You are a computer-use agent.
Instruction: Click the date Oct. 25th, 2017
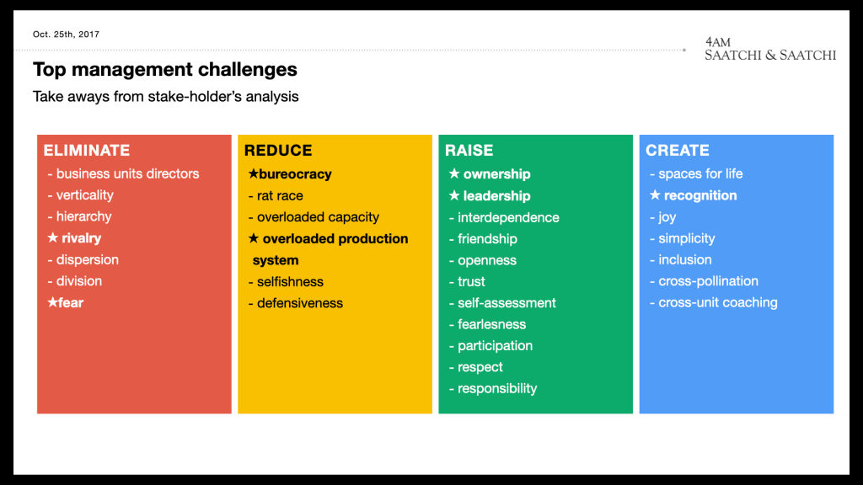[66, 34]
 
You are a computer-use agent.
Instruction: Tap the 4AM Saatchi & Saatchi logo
[770, 49]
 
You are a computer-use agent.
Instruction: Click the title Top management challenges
[165, 70]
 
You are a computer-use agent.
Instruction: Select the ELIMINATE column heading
[87, 150]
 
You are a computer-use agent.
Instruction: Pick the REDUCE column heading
[278, 150]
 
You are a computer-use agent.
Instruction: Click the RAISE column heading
[469, 150]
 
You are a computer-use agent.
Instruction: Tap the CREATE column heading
[678, 150]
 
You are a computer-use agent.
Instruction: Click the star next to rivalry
[53, 237]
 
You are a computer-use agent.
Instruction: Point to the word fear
[71, 302]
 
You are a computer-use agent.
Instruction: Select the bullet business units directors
[123, 173]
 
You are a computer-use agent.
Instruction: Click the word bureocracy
[296, 174]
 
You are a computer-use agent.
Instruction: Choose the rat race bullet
[276, 195]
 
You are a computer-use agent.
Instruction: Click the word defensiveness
[300, 303]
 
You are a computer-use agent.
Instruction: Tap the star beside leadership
[454, 195]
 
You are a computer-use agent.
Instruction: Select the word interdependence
[508, 217]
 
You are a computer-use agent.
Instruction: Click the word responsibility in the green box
[497, 388]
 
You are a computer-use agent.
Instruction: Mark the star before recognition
[655, 195]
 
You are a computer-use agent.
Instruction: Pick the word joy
[667, 217]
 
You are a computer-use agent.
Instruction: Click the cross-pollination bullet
[704, 281]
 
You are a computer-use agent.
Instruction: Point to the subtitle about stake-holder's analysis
[166, 97]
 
